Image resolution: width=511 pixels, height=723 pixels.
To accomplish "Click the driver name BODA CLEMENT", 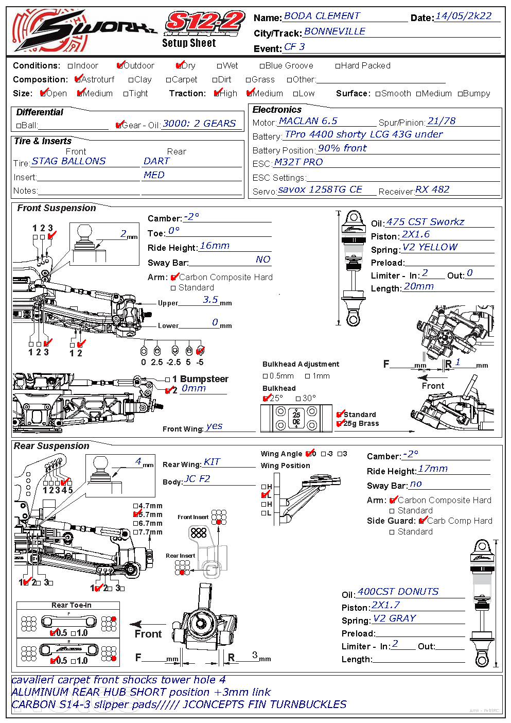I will click(322, 16).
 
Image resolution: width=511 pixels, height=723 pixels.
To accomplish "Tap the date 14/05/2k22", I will click(463, 16).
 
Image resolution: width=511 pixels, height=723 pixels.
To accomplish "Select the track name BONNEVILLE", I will click(334, 31).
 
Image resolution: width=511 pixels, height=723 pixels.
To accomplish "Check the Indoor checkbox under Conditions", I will click(71, 66).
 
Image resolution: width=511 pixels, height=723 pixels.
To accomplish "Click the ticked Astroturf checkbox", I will click(78, 79).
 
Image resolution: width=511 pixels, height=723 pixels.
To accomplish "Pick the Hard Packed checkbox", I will click(338, 66).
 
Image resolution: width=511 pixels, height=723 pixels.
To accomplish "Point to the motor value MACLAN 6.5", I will click(308, 121).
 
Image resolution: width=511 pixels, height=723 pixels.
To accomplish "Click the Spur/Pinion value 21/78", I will click(442, 121).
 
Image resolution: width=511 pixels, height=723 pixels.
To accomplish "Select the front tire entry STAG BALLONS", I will click(68, 161).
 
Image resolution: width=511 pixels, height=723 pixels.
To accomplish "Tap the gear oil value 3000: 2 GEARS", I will click(199, 124).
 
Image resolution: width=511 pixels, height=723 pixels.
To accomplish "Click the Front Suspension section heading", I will click(57, 208).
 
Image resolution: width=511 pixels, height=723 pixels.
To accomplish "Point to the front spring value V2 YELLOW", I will click(430, 247).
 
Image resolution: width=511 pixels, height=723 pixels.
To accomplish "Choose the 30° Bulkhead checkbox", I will click(298, 399).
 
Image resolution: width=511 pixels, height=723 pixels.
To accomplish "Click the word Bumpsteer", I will click(204, 379).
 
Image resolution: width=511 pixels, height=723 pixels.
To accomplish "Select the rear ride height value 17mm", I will click(433, 469).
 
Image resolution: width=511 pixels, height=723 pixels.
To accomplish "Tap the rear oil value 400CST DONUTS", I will click(398, 592).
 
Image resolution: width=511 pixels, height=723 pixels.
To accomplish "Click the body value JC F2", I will click(198, 479).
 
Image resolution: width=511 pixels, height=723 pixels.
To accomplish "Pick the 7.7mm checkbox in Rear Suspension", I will click(136, 532).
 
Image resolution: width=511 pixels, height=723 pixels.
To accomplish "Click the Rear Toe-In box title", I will click(71, 605).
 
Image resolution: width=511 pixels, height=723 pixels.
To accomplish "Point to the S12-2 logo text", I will click(204, 22).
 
